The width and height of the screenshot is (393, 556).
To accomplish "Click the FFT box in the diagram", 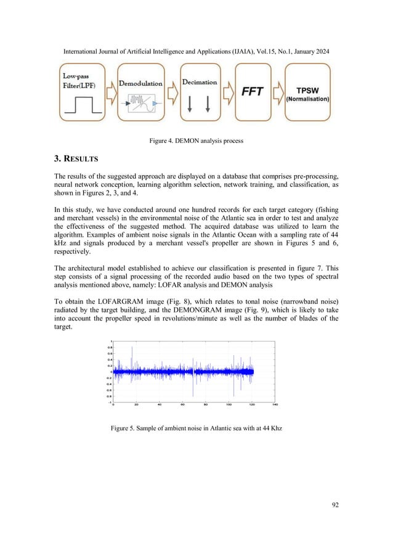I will (253, 92).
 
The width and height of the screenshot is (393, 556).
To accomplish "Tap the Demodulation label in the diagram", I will (140, 83).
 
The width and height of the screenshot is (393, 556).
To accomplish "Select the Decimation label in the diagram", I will (200, 82).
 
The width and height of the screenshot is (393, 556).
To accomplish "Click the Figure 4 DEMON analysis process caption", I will (197, 141).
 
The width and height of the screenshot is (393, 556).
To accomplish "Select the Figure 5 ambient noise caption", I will (196, 427).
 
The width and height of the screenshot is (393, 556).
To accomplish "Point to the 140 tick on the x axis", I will (275, 406).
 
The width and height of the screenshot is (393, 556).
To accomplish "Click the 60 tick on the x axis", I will (183, 406).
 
